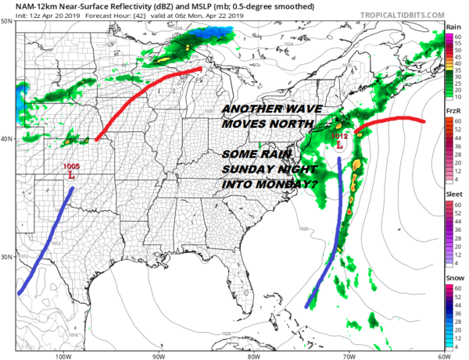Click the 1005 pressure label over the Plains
pos(70,166)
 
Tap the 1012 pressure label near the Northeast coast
pos(338,137)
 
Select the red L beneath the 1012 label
pos(339,145)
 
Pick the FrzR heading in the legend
pos(452,112)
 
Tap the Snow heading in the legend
pos(452,277)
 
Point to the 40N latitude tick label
pos(7,139)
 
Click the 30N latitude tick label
pos(7,257)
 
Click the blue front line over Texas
pos(47,243)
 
